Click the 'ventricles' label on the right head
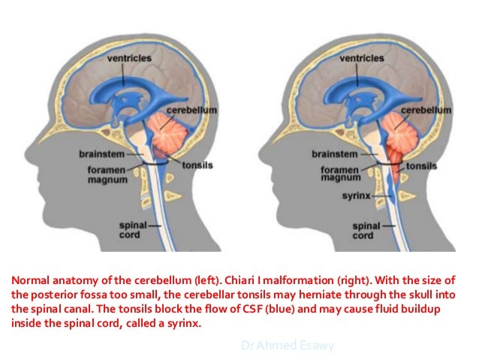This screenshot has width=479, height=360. point(362,57)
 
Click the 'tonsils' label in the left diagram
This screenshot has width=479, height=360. point(194,164)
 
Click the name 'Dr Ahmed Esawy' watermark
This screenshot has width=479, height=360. point(288,345)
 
